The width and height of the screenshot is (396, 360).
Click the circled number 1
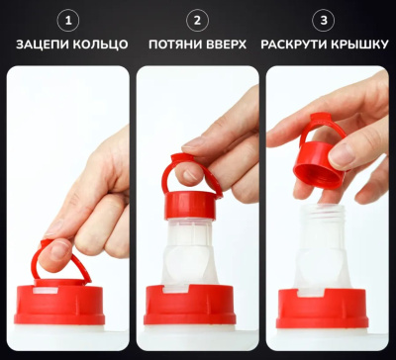pyautogui.click(x=68, y=22)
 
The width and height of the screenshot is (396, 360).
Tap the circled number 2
pyautogui.click(x=197, y=22)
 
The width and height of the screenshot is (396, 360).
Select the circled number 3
pyautogui.click(x=324, y=22)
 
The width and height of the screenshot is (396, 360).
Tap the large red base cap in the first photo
pyautogui.click(x=59, y=305)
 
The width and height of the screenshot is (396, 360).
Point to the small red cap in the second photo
pyautogui.click(x=190, y=205)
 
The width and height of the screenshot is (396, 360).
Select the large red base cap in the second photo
pyautogui.click(x=190, y=305)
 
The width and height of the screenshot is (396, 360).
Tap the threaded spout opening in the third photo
pyautogui.click(x=321, y=213)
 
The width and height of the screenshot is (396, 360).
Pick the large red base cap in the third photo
pyautogui.click(x=322, y=309)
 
